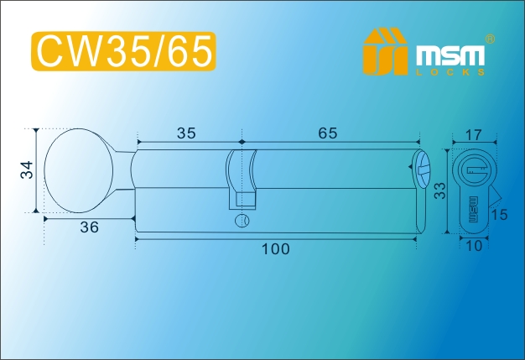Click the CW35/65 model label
(123, 51)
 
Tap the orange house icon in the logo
(386, 51)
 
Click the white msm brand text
(450, 55)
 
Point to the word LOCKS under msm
(450, 72)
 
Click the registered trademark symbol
(490, 39)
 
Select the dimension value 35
(186, 133)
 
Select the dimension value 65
(327, 133)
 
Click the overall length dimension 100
(275, 249)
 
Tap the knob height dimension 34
(28, 170)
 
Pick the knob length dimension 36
(90, 227)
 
